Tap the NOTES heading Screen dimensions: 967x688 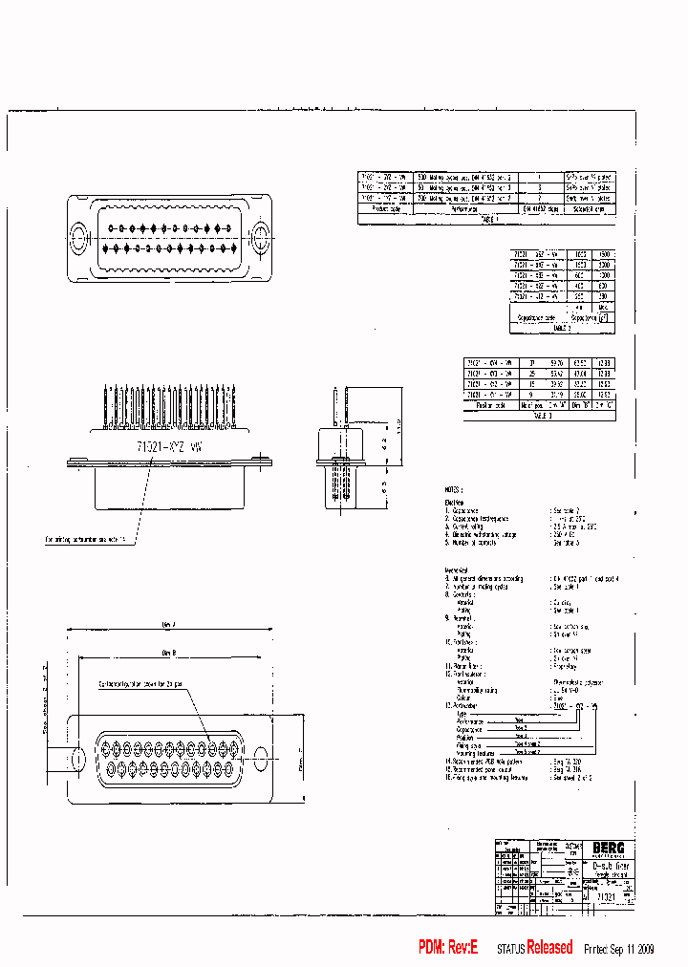pyautogui.click(x=452, y=487)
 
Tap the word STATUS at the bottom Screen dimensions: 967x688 pyautogui.click(x=511, y=949)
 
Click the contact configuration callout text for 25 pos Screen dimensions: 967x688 pyautogui.click(x=141, y=684)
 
